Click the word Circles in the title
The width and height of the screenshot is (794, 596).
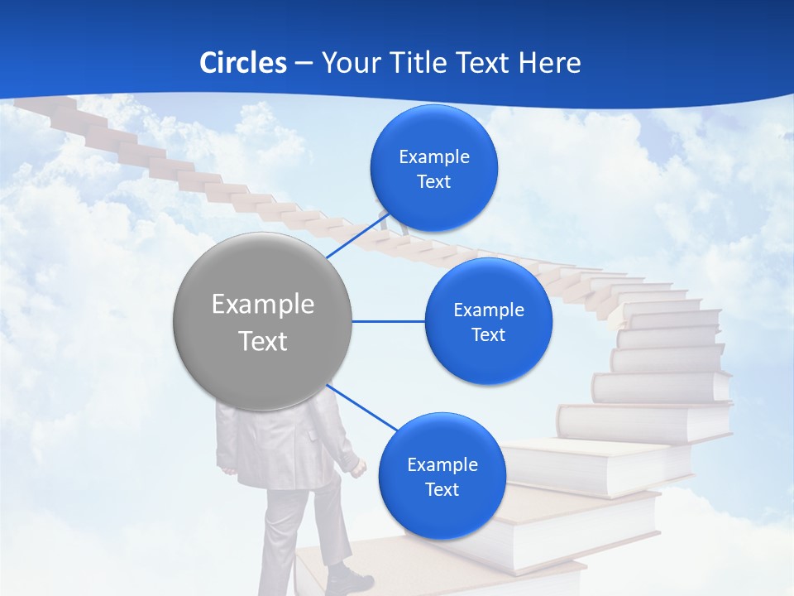[x=242, y=62]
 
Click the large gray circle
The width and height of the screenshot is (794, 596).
[x=262, y=321]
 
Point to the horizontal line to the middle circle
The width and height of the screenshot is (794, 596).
[x=389, y=321]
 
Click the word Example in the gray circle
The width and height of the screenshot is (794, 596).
[x=262, y=305]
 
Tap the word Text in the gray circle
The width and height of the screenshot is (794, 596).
[x=262, y=341]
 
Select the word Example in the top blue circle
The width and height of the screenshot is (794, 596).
[x=433, y=156]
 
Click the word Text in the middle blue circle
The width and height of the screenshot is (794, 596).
[x=488, y=334]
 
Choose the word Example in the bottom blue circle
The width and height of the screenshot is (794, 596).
[x=442, y=464]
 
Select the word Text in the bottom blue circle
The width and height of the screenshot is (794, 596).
[x=442, y=489]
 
